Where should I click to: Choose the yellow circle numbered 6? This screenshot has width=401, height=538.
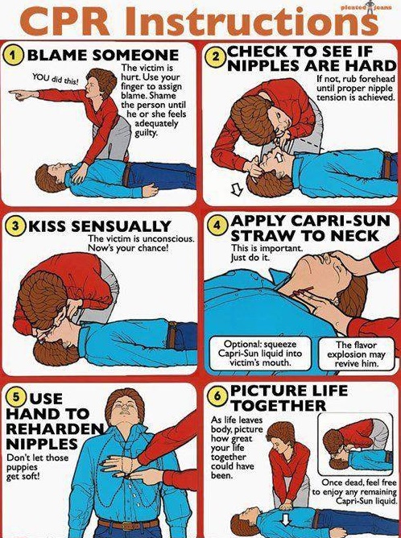point(218,396)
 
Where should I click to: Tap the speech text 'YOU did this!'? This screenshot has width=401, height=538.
point(56,79)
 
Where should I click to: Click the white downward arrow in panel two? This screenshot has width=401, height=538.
point(237,189)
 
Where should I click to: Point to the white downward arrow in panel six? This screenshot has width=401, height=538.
point(285,519)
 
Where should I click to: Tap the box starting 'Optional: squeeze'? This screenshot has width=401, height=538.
point(260,354)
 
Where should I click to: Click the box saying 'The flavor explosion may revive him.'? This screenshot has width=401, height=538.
point(356,354)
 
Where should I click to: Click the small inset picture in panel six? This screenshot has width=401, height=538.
point(355,444)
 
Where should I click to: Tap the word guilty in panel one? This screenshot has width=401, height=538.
point(146,133)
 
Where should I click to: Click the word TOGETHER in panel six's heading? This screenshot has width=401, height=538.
point(279,406)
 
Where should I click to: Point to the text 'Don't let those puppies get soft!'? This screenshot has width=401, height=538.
point(37,467)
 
